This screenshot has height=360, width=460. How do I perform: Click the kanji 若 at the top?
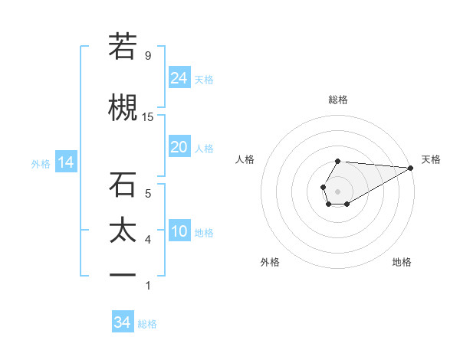tap(123, 47)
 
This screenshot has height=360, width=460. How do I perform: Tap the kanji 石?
tap(123, 185)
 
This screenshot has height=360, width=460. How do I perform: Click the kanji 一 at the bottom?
tap(123, 275)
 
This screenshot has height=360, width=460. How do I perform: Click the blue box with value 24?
tap(179, 77)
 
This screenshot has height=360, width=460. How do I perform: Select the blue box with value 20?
tap(179, 147)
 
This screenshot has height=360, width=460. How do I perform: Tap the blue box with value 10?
tap(179, 231)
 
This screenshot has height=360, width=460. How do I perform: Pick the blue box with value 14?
tap(65, 162)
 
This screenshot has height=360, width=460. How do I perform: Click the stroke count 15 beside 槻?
tap(148, 116)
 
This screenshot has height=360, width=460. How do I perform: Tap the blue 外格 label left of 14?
tap(41, 164)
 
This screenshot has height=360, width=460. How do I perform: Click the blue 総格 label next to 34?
tap(147, 324)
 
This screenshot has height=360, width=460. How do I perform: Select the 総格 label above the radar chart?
tap(337, 100)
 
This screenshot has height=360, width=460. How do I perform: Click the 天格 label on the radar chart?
tap(431, 159)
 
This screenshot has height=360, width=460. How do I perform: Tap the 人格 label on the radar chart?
tap(245, 159)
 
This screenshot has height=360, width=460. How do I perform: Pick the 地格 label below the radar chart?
tap(402, 262)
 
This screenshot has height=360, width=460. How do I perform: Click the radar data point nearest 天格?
tap(412, 169)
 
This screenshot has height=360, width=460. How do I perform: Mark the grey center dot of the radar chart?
tap(337, 190)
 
